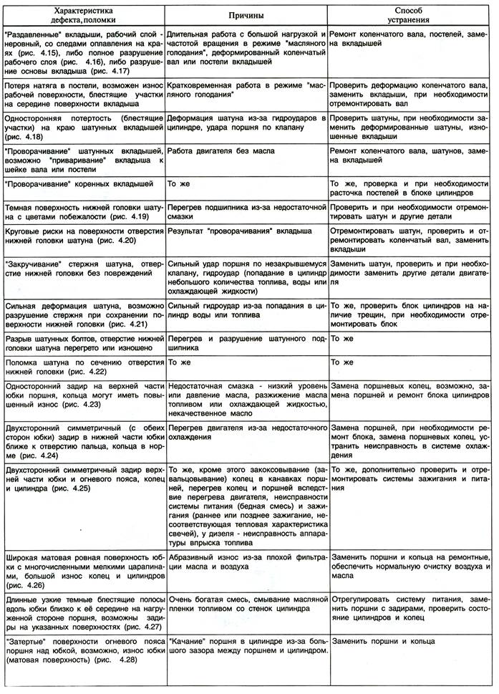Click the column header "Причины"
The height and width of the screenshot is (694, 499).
pyautogui.click(x=246, y=14)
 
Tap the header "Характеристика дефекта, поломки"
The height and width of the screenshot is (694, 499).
pyautogui.click(x=83, y=14)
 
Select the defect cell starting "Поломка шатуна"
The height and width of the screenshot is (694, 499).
pyautogui.click(x=83, y=367)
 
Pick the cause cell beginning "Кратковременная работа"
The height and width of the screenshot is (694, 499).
pyautogui.click(x=246, y=88)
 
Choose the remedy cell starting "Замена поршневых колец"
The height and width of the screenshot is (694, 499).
pyautogui.click(x=410, y=391)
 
